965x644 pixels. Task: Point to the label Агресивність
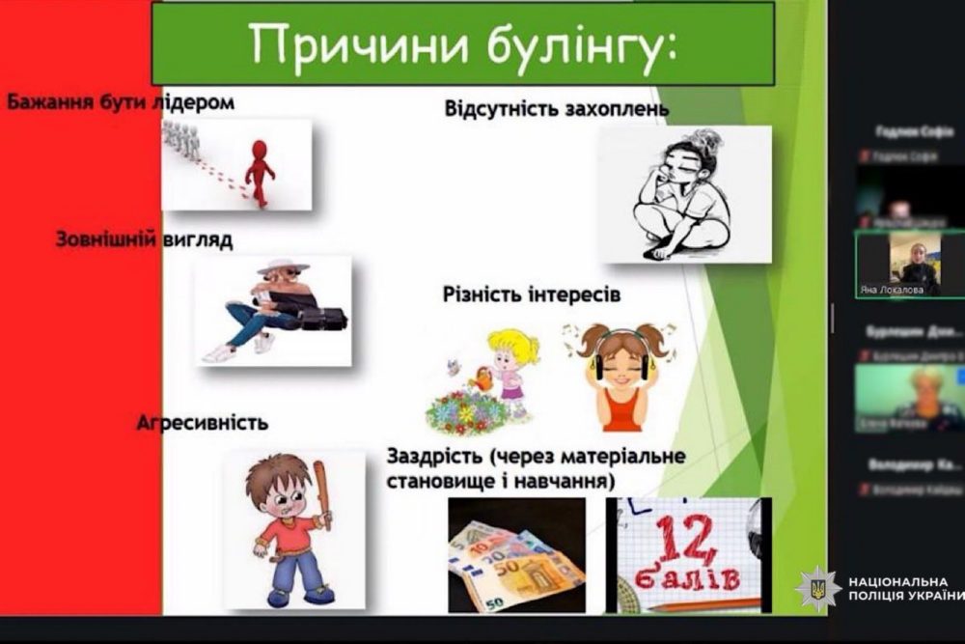(202, 423)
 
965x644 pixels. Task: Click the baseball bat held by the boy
(321, 491)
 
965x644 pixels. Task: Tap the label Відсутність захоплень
(556, 107)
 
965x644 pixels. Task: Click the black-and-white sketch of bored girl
(684, 194)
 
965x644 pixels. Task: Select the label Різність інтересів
(531, 294)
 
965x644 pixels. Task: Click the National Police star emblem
(817, 589)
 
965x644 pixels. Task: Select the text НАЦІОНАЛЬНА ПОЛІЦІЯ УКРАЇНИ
(903, 589)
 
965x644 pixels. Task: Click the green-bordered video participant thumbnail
(909, 264)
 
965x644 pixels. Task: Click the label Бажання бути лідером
(121, 101)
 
